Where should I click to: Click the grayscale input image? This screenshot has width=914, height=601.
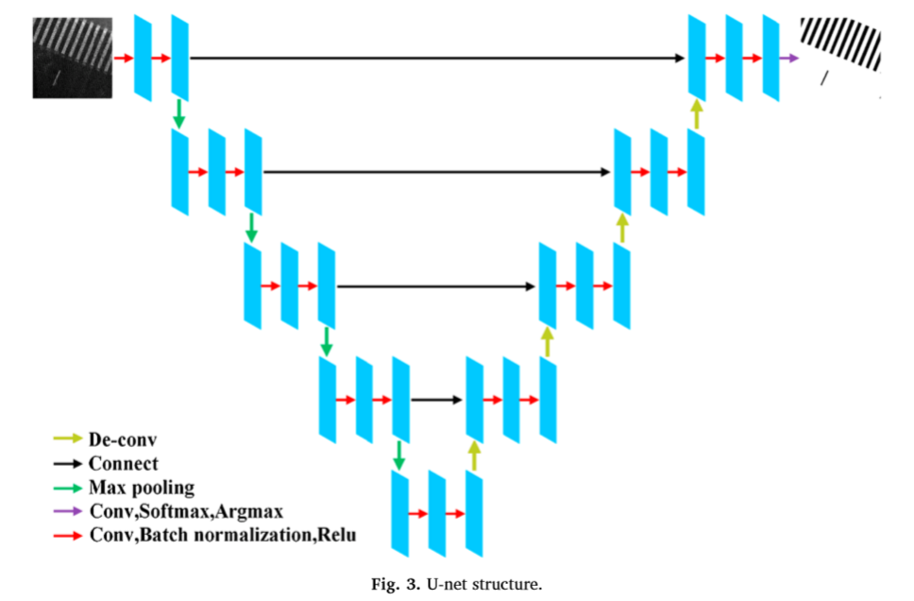[x=73, y=58]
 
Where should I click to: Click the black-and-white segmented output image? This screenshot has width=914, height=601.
[x=840, y=53]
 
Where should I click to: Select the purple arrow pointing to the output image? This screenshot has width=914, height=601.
[x=789, y=58]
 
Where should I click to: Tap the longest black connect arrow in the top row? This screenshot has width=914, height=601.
[x=437, y=58]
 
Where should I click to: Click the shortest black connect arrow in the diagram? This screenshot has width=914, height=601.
[x=436, y=400]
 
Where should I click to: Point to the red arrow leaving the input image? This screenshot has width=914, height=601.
[x=124, y=58]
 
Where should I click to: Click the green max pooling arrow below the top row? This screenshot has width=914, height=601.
[x=179, y=114]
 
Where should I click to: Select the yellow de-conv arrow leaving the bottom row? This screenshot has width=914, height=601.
[x=475, y=455]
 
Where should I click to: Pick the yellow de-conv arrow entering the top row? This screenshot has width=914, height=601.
[x=697, y=114]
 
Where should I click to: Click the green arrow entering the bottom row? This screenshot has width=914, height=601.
[x=398, y=455]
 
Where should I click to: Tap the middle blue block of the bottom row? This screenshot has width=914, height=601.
[x=437, y=513]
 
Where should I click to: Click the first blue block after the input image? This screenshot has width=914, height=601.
[x=143, y=58]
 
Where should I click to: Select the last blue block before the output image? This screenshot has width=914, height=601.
[x=771, y=58]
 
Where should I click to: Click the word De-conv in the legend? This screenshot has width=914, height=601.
[x=123, y=439]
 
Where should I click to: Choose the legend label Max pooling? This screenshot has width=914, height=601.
[x=142, y=488]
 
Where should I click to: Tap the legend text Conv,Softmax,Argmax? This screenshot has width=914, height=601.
[x=186, y=512]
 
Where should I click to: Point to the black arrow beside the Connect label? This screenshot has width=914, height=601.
[x=68, y=464]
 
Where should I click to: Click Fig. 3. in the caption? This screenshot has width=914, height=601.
[x=396, y=584]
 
